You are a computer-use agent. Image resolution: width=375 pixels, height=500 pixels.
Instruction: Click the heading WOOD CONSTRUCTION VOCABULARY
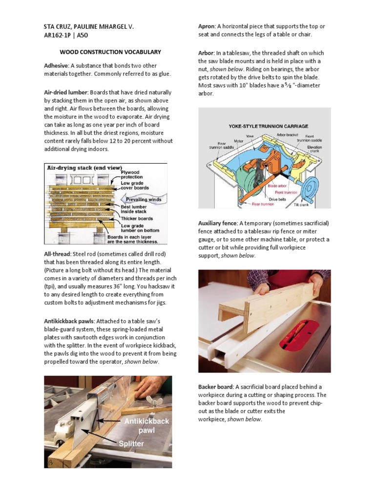point(110,52)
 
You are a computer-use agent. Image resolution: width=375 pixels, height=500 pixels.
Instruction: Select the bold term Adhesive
point(57,65)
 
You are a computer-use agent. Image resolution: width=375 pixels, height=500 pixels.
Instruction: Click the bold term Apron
point(207,26)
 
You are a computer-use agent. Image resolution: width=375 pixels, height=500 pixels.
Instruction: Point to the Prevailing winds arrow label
point(145,199)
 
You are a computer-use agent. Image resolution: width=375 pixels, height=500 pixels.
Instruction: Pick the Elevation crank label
point(314,149)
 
